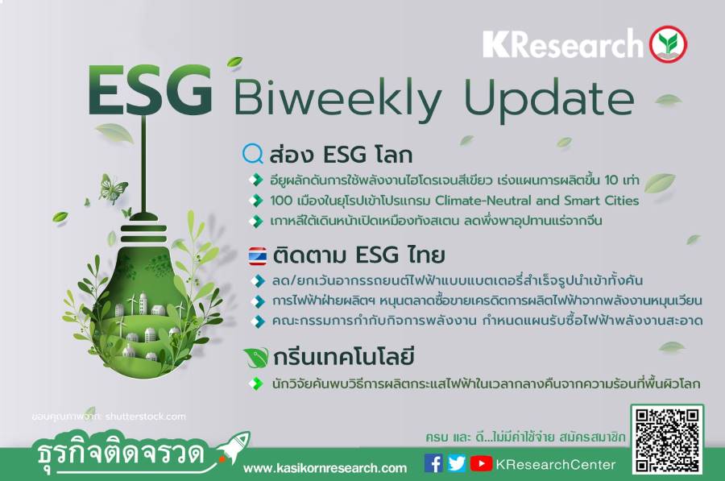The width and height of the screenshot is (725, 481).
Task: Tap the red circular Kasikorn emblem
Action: click(x=668, y=44)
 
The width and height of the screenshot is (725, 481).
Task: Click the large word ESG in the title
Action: click(x=151, y=90)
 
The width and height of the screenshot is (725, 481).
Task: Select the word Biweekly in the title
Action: click(x=338, y=98)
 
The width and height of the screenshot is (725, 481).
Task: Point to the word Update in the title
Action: click(x=549, y=100)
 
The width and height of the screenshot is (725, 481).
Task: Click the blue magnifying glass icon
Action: click(x=253, y=154)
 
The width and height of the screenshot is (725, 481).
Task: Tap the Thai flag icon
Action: click(x=257, y=256)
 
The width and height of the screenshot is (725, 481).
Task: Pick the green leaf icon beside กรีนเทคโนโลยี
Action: click(x=256, y=357)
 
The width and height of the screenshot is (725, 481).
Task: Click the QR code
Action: click(x=667, y=440)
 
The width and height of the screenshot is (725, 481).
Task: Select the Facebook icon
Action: click(x=433, y=463)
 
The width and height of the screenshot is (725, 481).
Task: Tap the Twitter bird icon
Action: click(x=457, y=463)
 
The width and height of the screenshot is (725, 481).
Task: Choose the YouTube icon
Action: click(x=481, y=463)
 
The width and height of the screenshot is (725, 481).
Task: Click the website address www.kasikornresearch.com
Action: click(x=325, y=468)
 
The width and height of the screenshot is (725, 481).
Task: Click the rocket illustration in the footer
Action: click(x=234, y=446)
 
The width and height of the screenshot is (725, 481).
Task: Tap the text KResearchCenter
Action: click(x=556, y=464)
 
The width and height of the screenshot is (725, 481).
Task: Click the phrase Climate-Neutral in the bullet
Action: click(x=483, y=201)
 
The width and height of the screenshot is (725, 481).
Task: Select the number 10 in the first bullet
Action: click(x=611, y=180)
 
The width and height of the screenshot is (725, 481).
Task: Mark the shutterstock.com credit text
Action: click(x=146, y=417)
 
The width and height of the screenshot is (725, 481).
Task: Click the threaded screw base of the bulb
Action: click(x=143, y=234)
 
